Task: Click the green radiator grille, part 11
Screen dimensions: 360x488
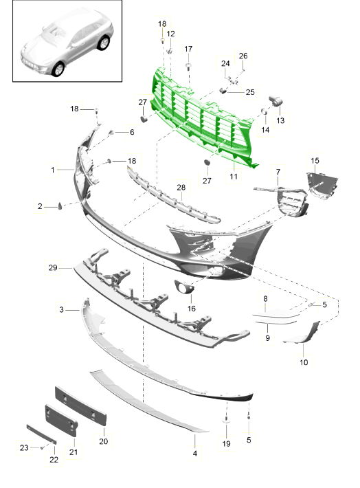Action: (x=202, y=118)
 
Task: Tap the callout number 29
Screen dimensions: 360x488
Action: (x=53, y=267)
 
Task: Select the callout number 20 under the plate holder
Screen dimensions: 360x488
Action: (x=103, y=441)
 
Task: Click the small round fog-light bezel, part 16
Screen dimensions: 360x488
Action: (x=184, y=287)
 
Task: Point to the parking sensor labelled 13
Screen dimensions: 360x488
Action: (x=276, y=101)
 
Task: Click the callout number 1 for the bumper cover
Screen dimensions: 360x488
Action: (x=53, y=170)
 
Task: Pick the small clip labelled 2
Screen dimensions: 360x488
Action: (x=60, y=206)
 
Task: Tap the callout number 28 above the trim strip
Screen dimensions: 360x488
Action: (x=181, y=188)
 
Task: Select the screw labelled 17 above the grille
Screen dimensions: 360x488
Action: (x=188, y=66)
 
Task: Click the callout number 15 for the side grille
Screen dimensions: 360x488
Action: (x=315, y=161)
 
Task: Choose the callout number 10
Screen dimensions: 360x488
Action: (x=304, y=362)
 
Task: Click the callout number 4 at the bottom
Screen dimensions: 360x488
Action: (x=195, y=454)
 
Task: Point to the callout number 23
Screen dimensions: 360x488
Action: (x=24, y=447)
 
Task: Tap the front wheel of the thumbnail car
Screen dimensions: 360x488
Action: (x=58, y=69)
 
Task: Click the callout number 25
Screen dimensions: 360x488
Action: (x=250, y=92)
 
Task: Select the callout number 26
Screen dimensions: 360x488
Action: (x=243, y=56)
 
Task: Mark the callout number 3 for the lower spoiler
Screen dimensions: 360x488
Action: (x=61, y=310)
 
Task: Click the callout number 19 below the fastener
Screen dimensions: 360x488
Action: (x=226, y=443)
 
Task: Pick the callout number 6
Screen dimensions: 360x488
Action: (x=132, y=132)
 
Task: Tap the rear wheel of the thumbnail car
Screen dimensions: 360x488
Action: (x=104, y=43)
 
